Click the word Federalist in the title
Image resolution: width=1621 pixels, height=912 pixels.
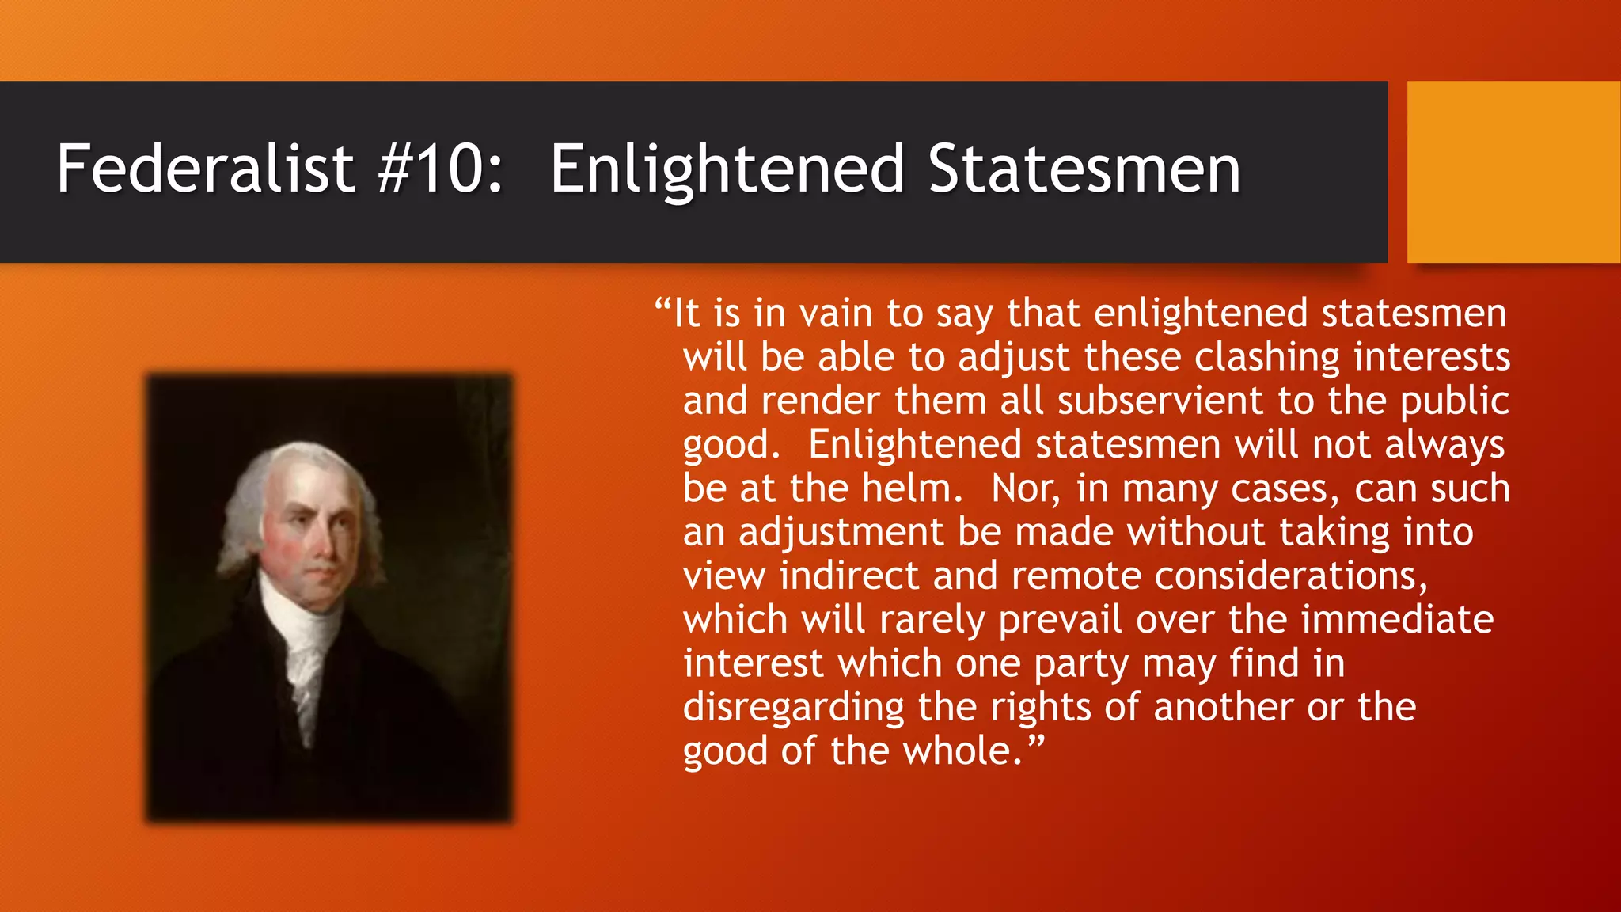(x=205, y=169)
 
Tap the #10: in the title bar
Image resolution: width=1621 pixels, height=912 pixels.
(x=440, y=169)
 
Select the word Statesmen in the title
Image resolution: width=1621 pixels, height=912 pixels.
(x=1084, y=169)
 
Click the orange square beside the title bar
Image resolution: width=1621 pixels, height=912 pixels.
(x=1513, y=171)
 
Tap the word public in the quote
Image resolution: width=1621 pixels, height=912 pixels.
(x=1454, y=402)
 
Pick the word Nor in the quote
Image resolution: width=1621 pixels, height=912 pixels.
(x=1025, y=489)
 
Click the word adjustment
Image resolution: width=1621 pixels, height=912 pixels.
(x=841, y=533)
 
